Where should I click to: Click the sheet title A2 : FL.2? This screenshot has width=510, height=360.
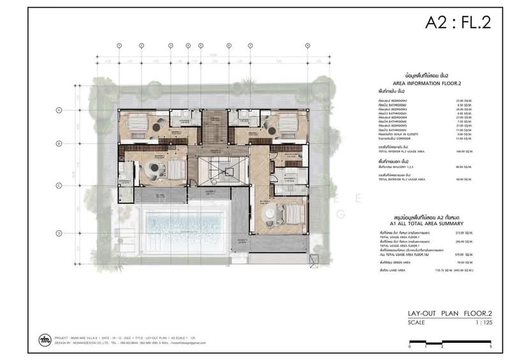pyautogui.click(x=458, y=24)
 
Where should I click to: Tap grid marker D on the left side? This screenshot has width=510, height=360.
pyautogui.click(x=59, y=233)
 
